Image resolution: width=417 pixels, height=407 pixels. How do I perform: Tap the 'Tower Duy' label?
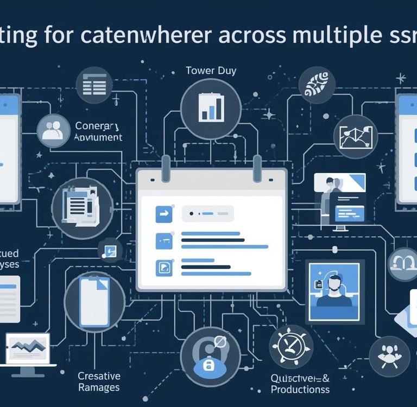211,71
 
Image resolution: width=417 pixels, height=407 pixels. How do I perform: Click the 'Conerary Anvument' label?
98,131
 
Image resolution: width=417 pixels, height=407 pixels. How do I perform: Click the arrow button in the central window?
163,214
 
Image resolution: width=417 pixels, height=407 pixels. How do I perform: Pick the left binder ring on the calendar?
165,166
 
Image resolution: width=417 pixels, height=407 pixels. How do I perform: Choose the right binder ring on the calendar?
257,166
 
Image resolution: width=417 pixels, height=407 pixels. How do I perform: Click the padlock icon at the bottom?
210,365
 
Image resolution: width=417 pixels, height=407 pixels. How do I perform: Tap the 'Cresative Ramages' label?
99,381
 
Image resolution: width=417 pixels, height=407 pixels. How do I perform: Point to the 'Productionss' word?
300,390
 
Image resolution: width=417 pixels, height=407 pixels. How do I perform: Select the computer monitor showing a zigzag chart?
27,351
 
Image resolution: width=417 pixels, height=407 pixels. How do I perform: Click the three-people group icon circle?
389,356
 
